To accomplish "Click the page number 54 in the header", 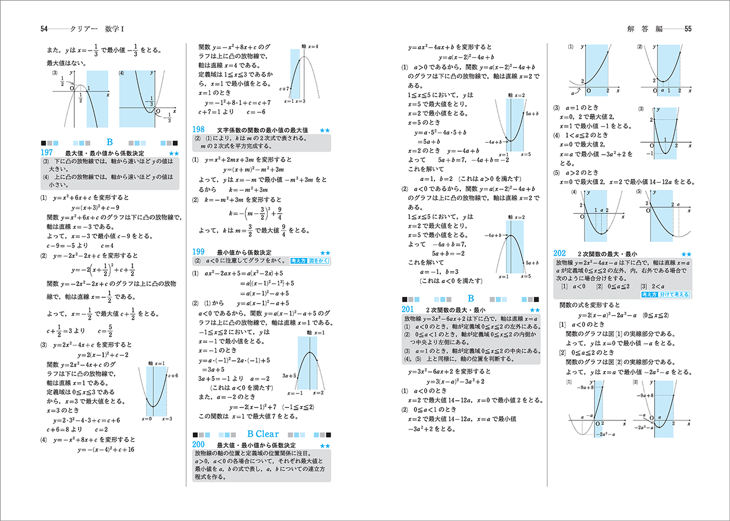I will click(x=44, y=29).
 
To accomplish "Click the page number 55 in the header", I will click(x=687, y=29).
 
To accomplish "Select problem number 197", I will click(x=47, y=152).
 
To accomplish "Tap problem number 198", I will click(x=198, y=129).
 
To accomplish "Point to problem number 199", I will click(x=198, y=252).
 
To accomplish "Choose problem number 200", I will click(x=198, y=445).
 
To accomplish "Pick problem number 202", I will click(x=559, y=253).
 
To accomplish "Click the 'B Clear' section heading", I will click(x=262, y=434).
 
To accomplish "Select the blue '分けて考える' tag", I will click(x=674, y=295).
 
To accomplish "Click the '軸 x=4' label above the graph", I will click(x=309, y=47).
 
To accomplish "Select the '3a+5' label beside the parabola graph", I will click(x=289, y=376).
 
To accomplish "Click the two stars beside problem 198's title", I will click(x=325, y=130).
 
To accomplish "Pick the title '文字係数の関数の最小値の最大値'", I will click(x=262, y=130).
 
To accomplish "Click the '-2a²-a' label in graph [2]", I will click(x=642, y=428).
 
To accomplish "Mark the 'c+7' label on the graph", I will click(x=284, y=89).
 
